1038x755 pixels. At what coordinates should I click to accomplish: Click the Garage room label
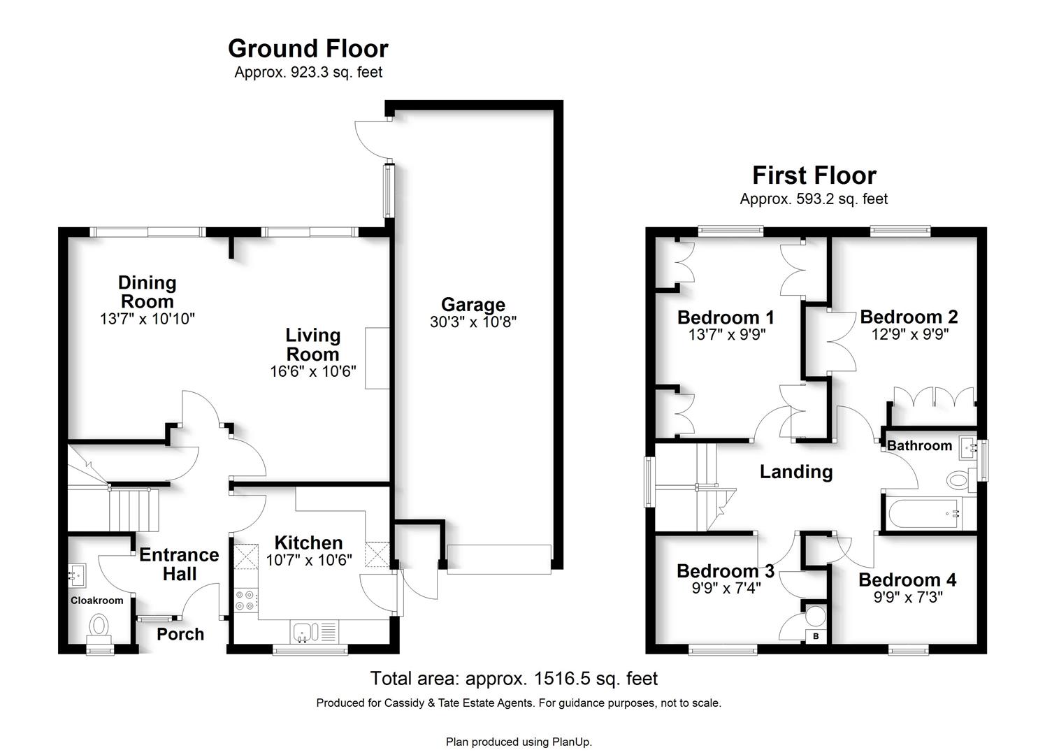tap(473, 305)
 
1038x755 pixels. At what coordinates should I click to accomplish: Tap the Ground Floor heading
tap(308, 49)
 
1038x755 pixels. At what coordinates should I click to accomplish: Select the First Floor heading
tap(814, 175)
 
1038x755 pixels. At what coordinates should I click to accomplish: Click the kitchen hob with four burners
tap(245, 600)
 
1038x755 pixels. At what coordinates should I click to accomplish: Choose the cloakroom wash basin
tap(77, 575)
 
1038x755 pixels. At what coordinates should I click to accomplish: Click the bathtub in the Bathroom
tap(923, 513)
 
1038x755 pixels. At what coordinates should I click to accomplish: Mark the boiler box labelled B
tap(816, 636)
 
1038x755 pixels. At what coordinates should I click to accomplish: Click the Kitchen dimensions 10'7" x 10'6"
tap(309, 561)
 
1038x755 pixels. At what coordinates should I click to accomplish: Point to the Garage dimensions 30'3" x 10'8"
tap(473, 322)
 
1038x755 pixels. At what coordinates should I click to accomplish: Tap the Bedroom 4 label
tap(907, 580)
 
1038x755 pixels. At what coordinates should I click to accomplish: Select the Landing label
tap(796, 472)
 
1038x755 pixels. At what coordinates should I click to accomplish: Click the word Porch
tap(180, 634)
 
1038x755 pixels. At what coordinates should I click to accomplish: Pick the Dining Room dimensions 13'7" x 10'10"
tap(147, 319)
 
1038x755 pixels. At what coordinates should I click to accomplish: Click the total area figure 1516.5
tap(562, 679)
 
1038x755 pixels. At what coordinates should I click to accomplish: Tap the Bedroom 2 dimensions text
tap(910, 334)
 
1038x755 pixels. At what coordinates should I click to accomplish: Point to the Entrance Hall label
tap(180, 564)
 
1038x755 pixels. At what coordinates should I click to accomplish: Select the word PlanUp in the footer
tap(571, 742)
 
